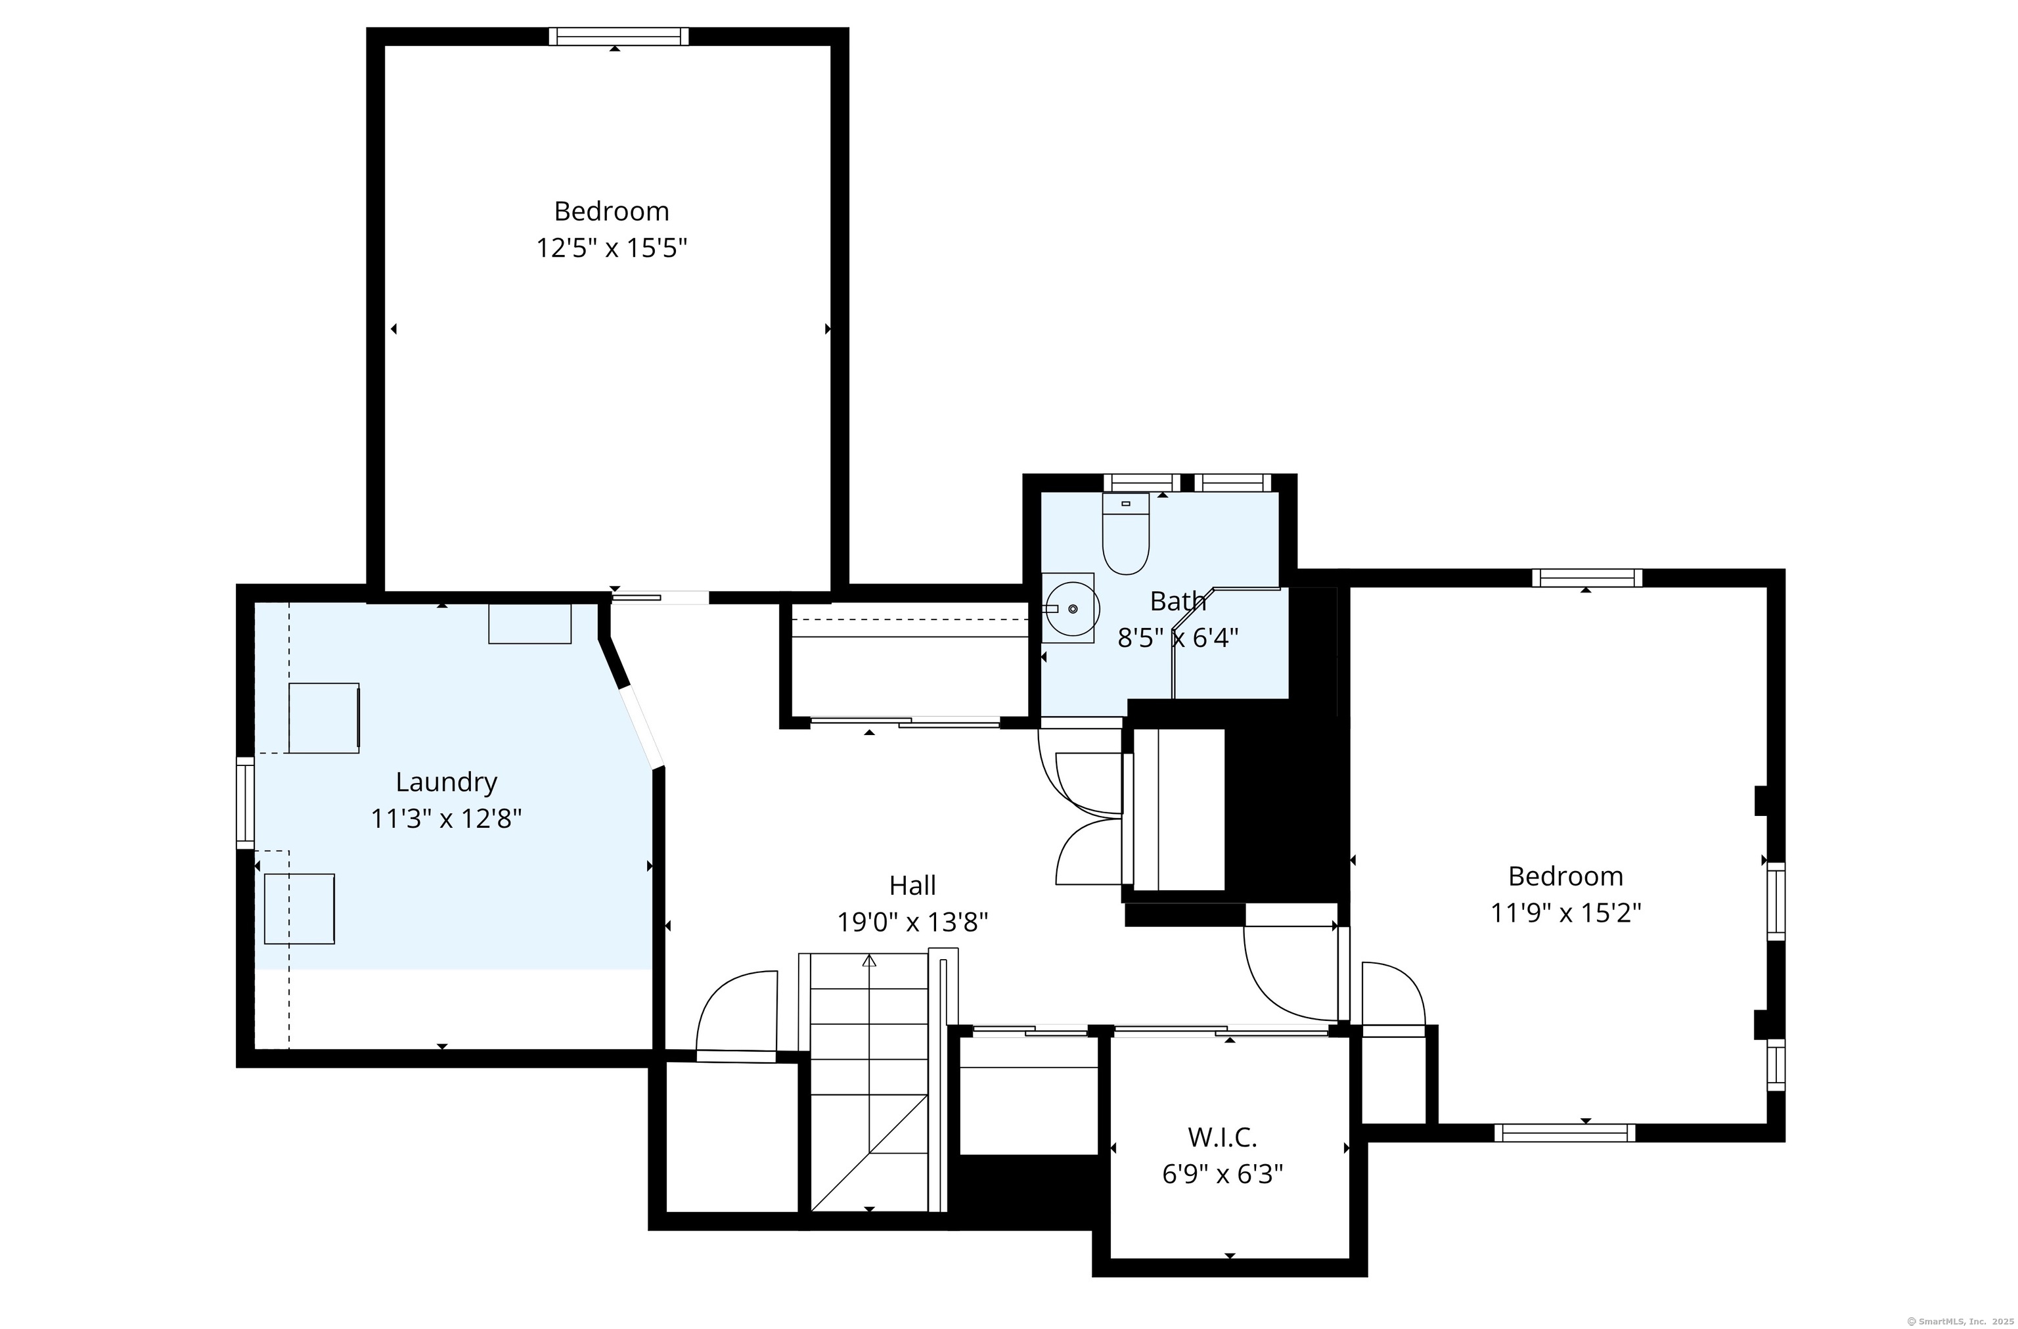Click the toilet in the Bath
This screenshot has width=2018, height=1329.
coord(1125,533)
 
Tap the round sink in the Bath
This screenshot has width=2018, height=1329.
coord(1072,608)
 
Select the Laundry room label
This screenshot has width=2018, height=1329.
coord(446,782)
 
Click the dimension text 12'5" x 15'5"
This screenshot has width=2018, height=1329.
coord(612,248)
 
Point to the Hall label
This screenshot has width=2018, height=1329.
coord(912,886)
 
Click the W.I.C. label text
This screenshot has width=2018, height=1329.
coord(1222,1137)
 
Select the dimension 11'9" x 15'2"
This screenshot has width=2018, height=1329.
coord(1566,912)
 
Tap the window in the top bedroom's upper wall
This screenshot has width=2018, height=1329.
coord(618,37)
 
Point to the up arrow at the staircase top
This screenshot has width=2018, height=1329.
coord(869,961)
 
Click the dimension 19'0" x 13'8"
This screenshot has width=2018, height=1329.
coord(912,922)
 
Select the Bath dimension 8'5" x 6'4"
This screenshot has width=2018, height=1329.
coord(1178,638)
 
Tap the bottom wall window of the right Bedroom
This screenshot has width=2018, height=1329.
coord(1564,1133)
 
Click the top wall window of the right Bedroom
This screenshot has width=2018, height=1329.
coord(1586,578)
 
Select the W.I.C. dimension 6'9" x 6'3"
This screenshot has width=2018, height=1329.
coord(1222,1174)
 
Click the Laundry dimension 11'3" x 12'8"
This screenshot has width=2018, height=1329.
coord(446,819)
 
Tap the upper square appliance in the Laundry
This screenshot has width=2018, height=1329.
coord(325,717)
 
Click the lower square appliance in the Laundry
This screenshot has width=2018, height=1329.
coord(300,909)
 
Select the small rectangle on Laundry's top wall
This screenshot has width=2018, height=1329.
coord(530,623)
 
